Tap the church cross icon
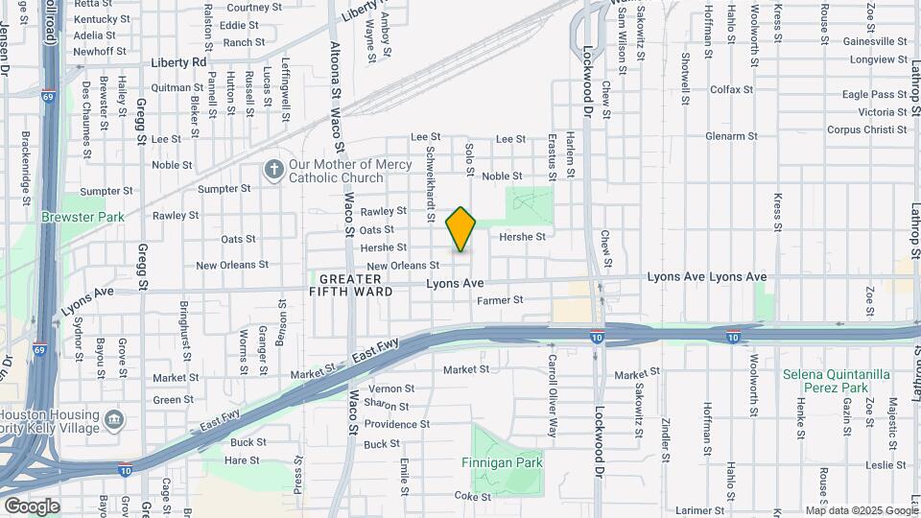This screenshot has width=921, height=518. coord(273,171)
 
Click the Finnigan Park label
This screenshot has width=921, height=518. coord(508,462)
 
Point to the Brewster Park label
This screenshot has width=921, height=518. coord(83,217)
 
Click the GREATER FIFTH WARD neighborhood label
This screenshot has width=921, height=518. coord(351,284)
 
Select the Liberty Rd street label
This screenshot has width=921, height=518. coord(178,62)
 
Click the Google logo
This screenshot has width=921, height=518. coord(32,506)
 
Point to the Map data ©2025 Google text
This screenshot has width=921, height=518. coord(861,510)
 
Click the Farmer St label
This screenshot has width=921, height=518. coord(500,300)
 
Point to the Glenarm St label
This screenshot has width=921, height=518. coord(732,136)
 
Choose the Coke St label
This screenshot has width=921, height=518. coord(472,497)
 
